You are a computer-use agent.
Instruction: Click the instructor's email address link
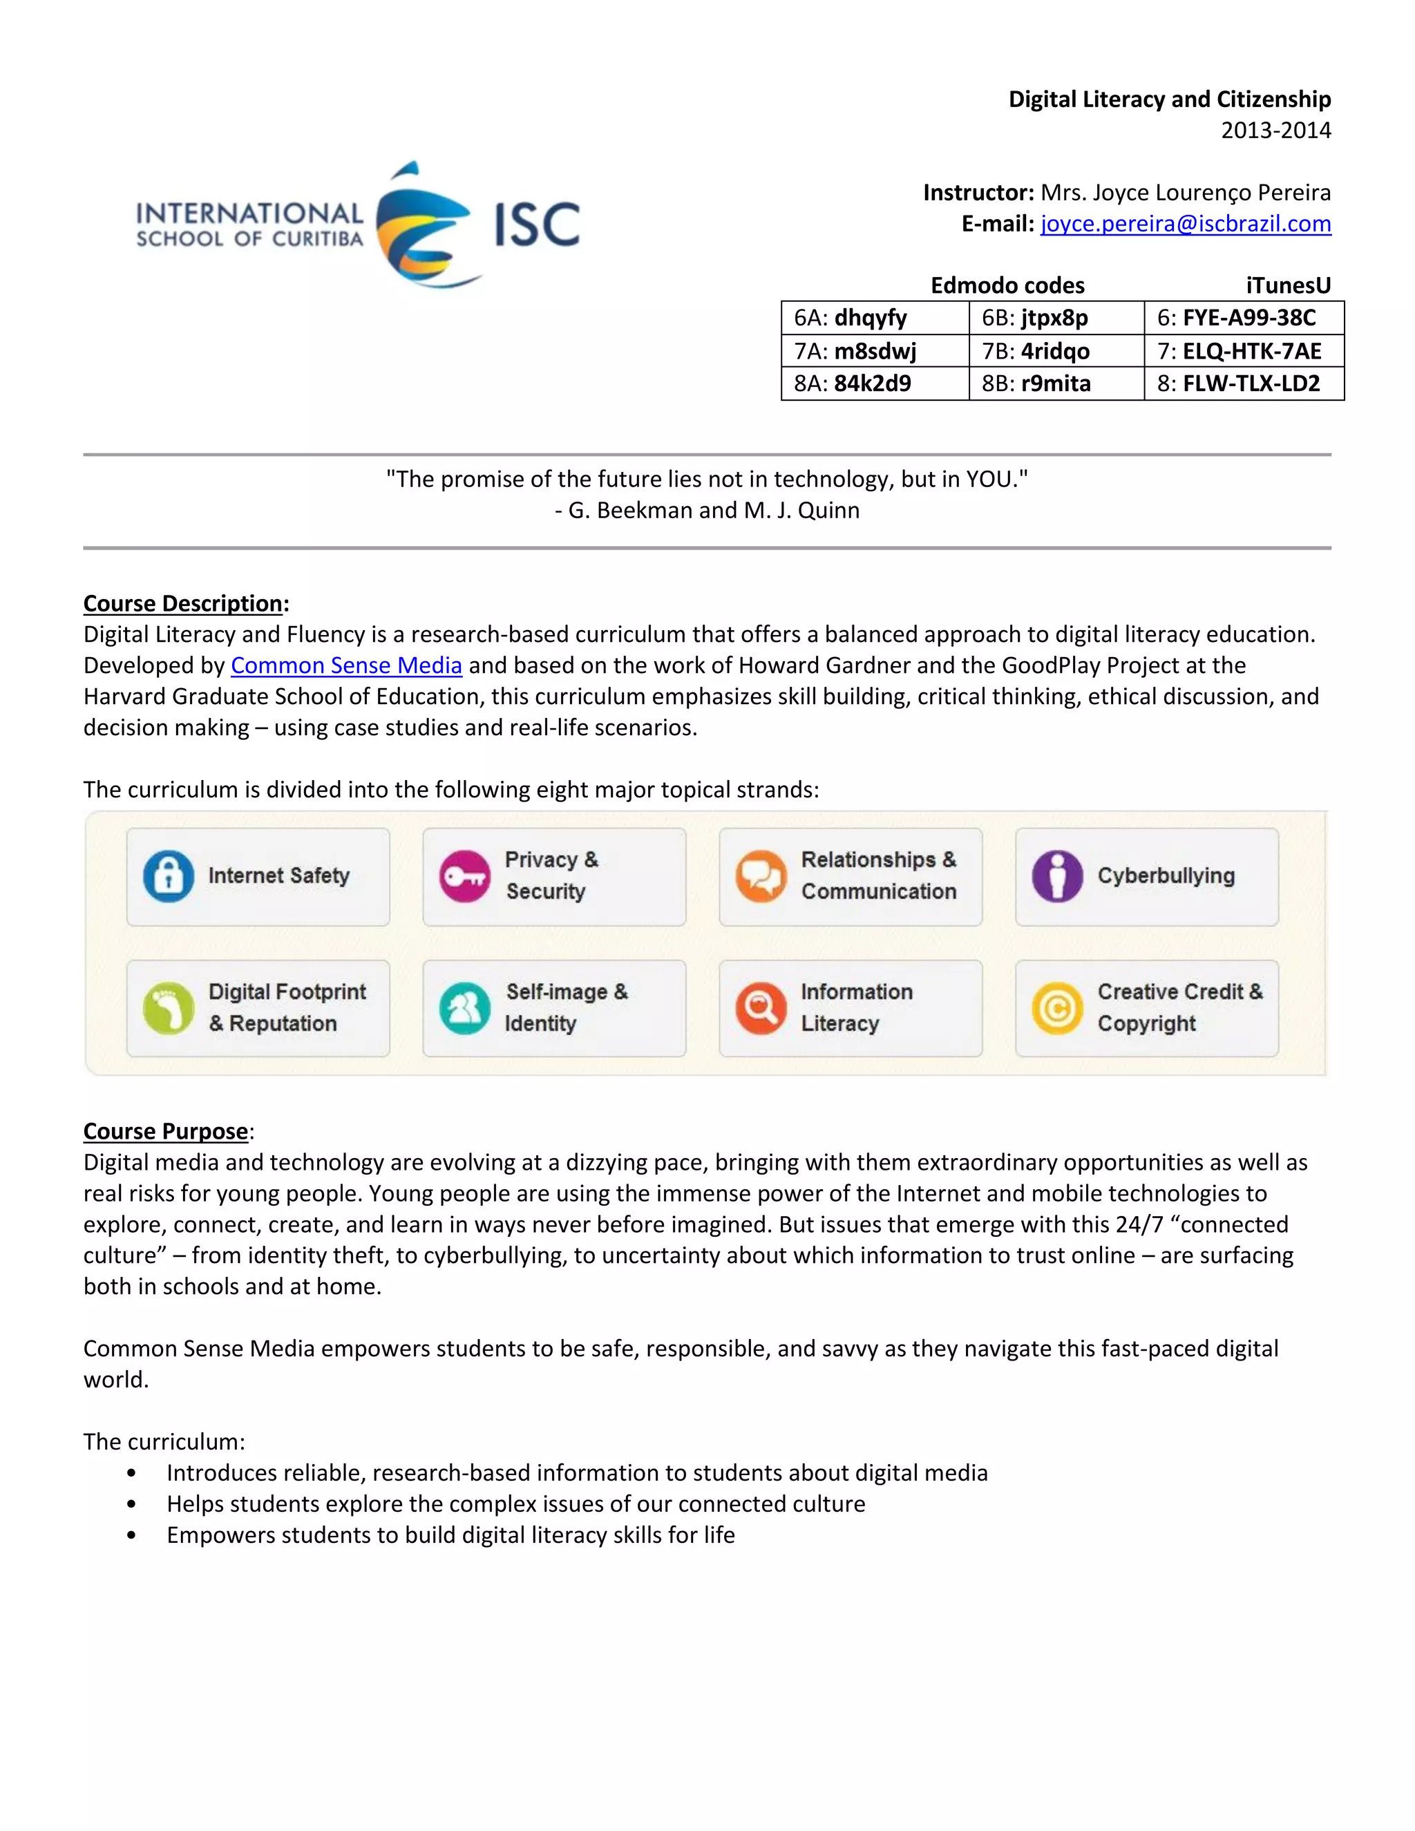pos(1186,224)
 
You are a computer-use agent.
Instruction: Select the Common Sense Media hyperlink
pos(346,665)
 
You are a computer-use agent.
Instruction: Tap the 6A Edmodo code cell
pos(873,318)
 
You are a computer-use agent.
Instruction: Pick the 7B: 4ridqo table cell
pos(1056,350)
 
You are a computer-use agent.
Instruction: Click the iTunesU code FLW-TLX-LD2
pos(1251,383)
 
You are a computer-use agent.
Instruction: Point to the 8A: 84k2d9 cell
pos(873,383)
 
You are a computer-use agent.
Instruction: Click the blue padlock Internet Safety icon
pos(169,876)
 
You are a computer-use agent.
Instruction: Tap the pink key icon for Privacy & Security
pos(465,876)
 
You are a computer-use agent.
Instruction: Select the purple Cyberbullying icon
pos(1057,876)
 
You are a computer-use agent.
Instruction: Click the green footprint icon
pos(169,1007)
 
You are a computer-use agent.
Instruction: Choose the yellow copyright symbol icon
pos(1057,1007)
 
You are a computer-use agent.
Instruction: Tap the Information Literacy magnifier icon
pos(760,1007)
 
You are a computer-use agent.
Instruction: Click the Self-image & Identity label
pos(566,1007)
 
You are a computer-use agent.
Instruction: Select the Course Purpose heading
pos(166,1131)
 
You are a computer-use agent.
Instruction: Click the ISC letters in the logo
pos(536,225)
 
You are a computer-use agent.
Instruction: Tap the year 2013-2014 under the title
pos(1275,130)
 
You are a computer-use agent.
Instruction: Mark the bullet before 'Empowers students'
pos(131,1536)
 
